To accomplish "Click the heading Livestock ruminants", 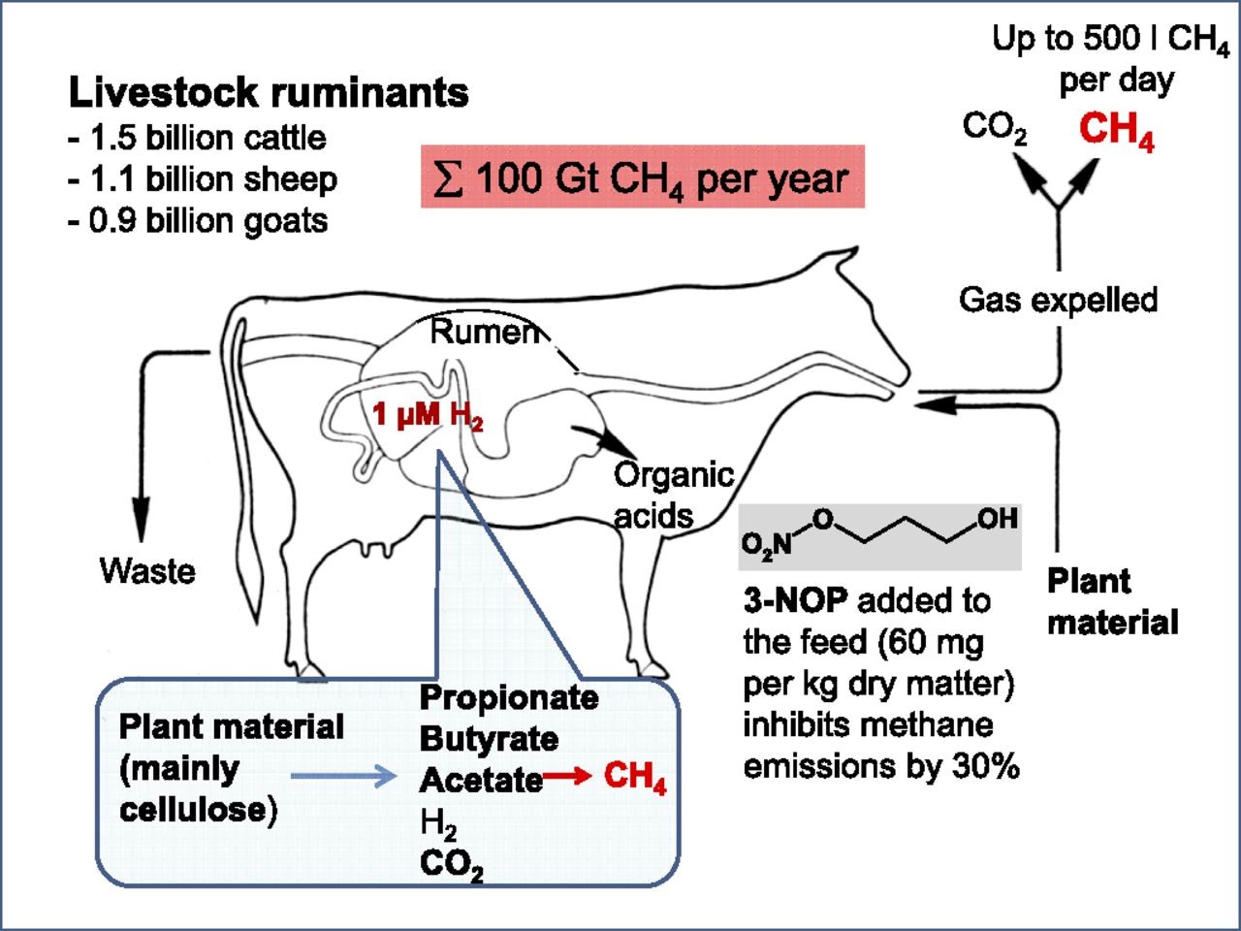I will (x=269, y=93).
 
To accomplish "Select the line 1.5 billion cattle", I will (x=198, y=138).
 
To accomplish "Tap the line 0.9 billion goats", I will (x=198, y=221).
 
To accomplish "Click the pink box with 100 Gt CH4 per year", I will (x=642, y=177).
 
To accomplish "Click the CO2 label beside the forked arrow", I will (x=995, y=128).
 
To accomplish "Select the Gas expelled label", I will (x=1058, y=300).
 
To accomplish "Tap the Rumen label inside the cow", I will (x=484, y=333).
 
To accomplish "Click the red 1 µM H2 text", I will (x=428, y=416).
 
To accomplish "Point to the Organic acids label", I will (x=672, y=495).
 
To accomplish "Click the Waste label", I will (x=147, y=570).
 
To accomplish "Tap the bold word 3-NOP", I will (x=795, y=601).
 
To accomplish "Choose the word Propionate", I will (x=508, y=697).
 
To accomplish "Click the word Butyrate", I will (x=489, y=739).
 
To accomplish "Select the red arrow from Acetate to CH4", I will (x=567, y=776).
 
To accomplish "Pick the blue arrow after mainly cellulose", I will (x=344, y=776).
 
